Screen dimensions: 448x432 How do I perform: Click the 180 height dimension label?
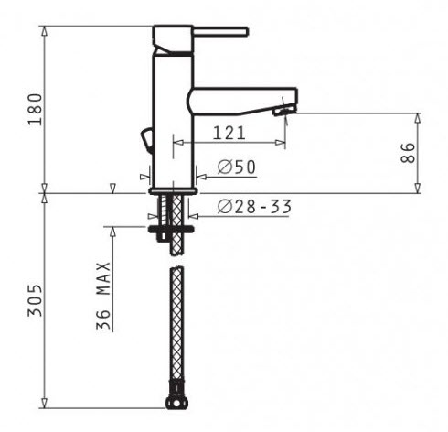tap(35, 109)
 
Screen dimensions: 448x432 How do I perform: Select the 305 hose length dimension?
tap(35, 300)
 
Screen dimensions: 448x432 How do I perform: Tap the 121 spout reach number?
tap(229, 133)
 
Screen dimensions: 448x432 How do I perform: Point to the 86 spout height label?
tap(408, 153)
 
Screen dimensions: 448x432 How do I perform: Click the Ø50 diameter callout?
tap(237, 167)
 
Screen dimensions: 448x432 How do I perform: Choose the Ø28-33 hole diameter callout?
tap(254, 207)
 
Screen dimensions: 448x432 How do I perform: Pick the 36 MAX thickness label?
tap(103, 296)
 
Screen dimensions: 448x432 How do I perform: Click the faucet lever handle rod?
tap(220, 32)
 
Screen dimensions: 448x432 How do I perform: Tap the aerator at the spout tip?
tap(284, 109)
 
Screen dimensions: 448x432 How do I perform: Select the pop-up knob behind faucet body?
tap(146, 140)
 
